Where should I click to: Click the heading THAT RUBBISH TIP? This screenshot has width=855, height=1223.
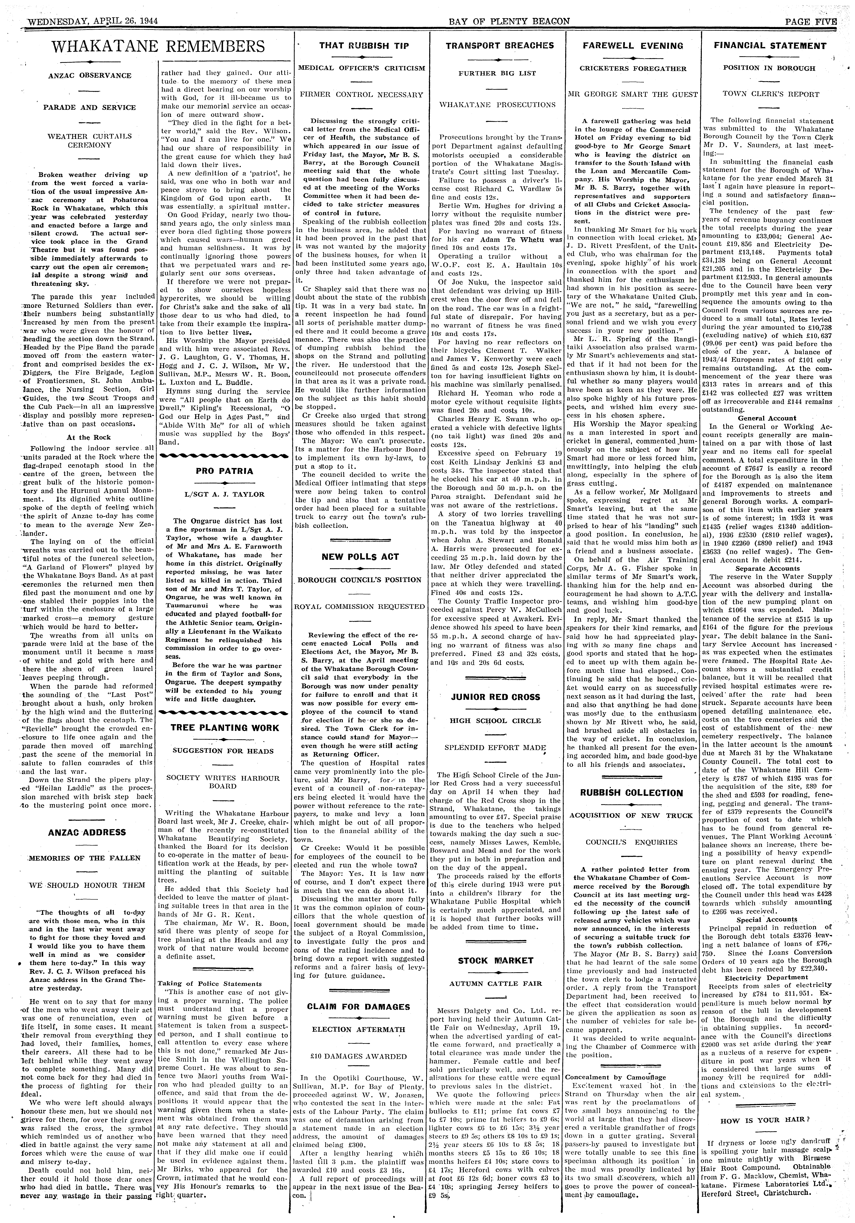coord(364,46)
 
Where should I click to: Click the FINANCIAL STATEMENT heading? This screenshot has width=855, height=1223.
coord(769,46)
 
